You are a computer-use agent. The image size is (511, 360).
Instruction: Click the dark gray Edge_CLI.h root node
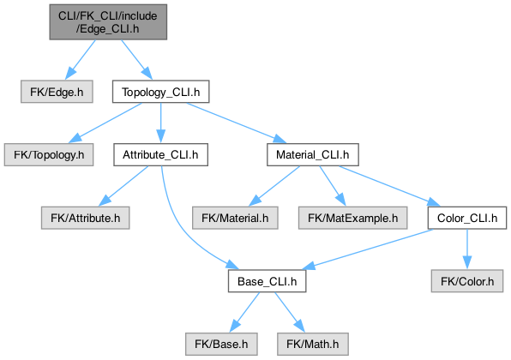click(x=108, y=22)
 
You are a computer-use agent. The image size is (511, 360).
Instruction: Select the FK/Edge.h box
click(x=57, y=92)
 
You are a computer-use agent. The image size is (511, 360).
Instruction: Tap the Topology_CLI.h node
click(x=160, y=92)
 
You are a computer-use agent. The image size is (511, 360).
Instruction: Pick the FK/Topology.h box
click(x=49, y=154)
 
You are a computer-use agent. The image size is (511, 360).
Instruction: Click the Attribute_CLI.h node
click(x=160, y=154)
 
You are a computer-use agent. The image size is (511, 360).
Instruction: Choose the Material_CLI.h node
click(x=313, y=154)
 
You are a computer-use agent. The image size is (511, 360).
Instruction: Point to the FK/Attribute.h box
click(x=86, y=218)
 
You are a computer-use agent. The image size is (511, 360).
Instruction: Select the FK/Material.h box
click(x=235, y=218)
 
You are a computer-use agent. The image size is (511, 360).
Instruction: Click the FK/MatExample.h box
click(x=353, y=218)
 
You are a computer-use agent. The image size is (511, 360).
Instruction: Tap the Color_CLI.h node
click(x=467, y=218)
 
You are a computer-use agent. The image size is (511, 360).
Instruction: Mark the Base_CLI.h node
click(x=267, y=281)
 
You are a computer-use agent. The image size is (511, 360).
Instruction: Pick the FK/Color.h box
click(x=467, y=281)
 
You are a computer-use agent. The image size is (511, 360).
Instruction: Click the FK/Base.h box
click(x=221, y=344)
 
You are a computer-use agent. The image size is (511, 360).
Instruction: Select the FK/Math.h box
click(x=313, y=344)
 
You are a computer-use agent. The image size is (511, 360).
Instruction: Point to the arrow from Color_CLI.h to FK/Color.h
click(x=467, y=249)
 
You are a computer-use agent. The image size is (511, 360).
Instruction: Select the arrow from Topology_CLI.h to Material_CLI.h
click(x=237, y=123)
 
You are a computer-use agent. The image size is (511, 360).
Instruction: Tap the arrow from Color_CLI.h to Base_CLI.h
click(x=368, y=249)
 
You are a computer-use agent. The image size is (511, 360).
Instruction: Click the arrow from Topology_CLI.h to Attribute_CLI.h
click(x=160, y=123)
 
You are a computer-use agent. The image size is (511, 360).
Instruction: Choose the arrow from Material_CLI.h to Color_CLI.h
click(x=389, y=186)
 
